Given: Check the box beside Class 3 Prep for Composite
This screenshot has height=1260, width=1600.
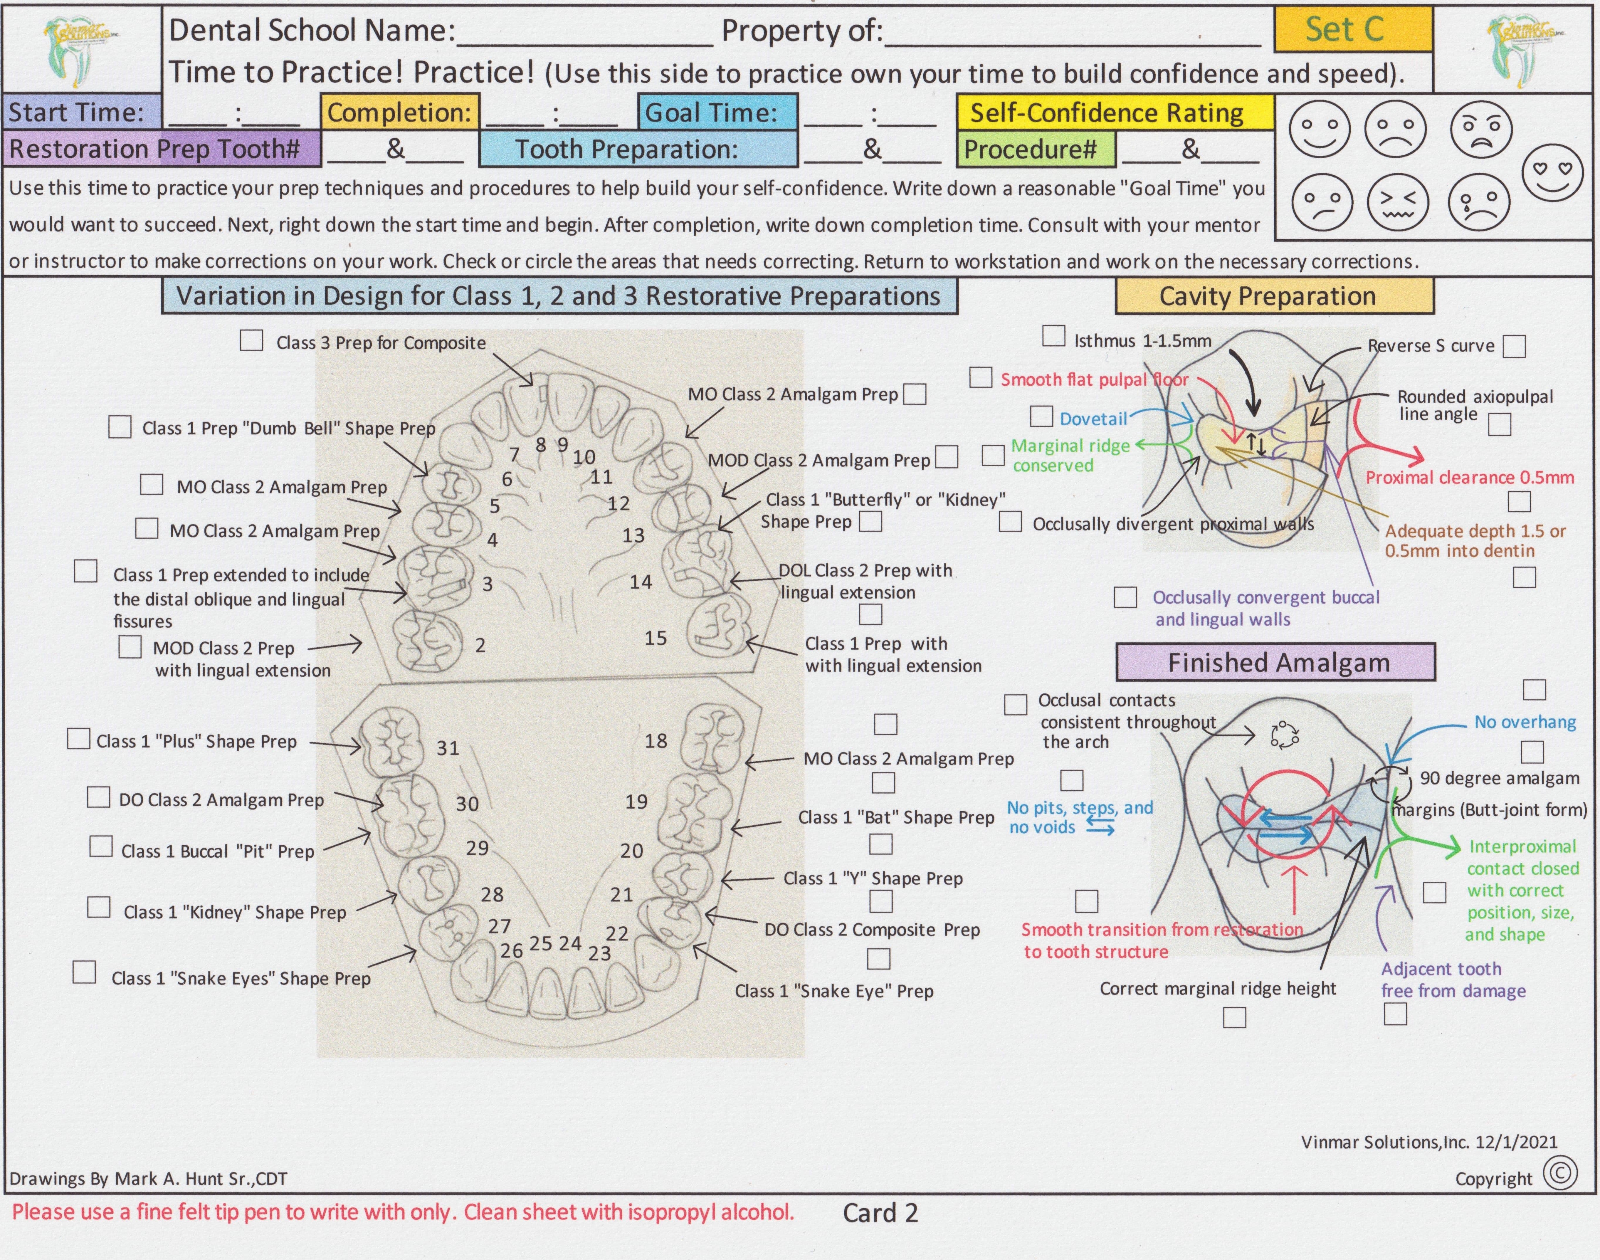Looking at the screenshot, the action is point(252,341).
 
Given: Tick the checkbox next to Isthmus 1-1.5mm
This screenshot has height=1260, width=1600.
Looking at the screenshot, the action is point(1053,336).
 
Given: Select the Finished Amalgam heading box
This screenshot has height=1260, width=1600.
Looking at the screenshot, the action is point(1276,662).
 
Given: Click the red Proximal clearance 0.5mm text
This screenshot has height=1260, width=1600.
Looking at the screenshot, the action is point(1469,477).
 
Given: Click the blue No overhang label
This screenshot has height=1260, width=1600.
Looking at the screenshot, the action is point(1525,722).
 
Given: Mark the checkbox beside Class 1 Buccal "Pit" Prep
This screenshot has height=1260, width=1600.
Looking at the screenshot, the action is point(101,846).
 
